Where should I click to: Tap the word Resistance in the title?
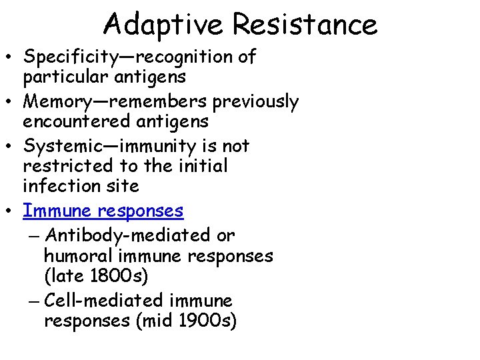[305, 25]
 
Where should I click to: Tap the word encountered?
[74, 122]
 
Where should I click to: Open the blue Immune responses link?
[103, 211]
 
